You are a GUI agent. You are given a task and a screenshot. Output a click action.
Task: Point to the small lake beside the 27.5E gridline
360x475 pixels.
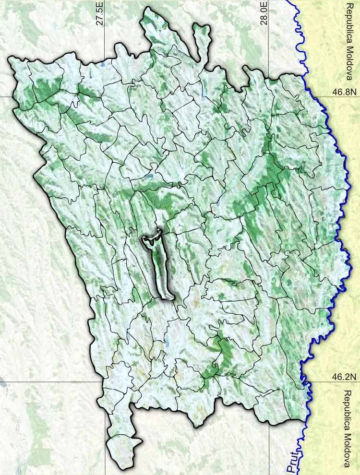pos(102,64)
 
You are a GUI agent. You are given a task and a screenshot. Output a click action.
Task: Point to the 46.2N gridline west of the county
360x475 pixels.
pos(48,382)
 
